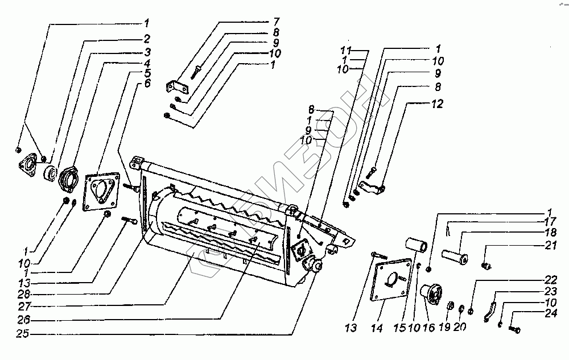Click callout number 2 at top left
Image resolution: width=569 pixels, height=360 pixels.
click(147, 39)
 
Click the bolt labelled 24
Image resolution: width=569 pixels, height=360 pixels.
click(514, 328)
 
